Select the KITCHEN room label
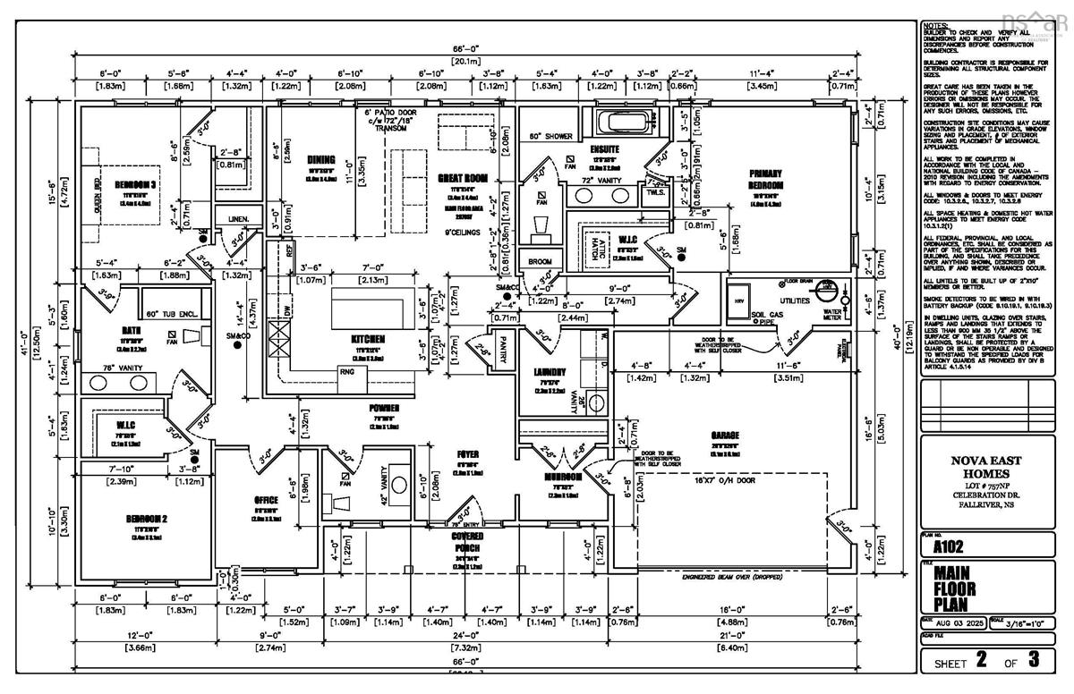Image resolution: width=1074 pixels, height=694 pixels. point(368,340)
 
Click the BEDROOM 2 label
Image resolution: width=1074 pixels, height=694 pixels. point(142,519)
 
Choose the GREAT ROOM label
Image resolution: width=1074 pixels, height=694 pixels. point(462,178)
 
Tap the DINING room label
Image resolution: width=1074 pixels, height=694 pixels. point(320,161)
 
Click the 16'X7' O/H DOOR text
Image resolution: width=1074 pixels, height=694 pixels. point(716,480)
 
